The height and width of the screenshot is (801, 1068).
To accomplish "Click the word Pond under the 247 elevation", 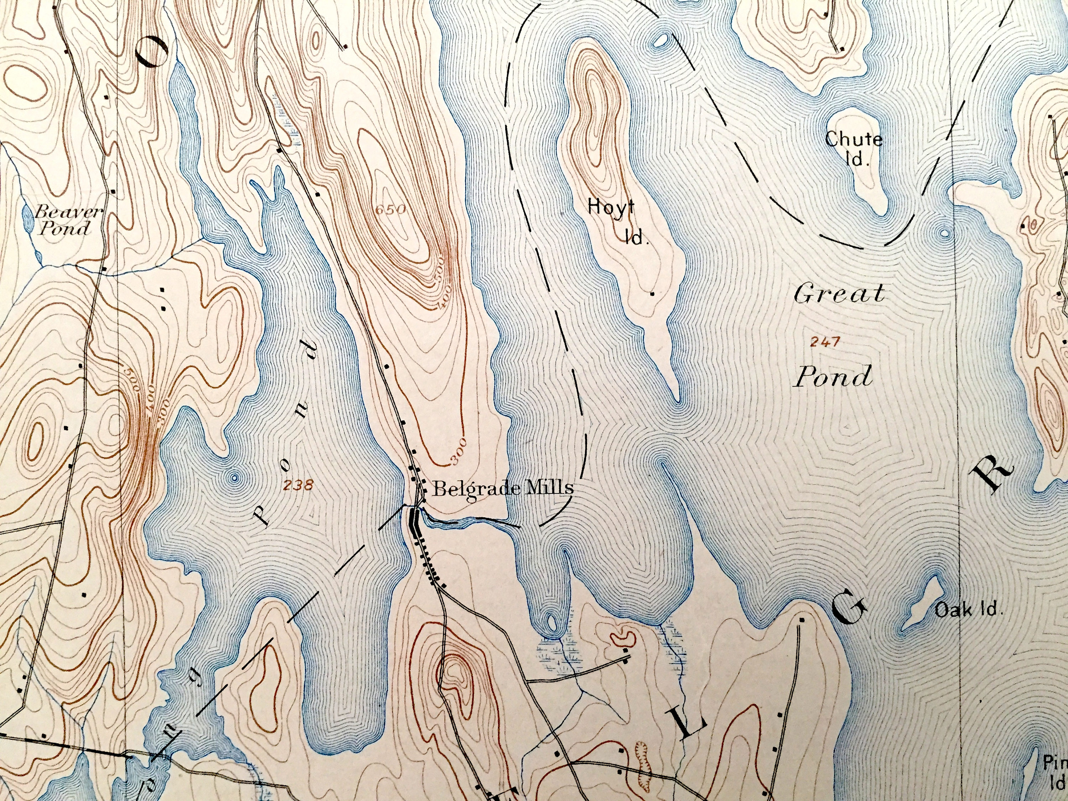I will [x=833, y=377].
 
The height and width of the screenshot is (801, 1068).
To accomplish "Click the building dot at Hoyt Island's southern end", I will [x=652, y=294].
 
